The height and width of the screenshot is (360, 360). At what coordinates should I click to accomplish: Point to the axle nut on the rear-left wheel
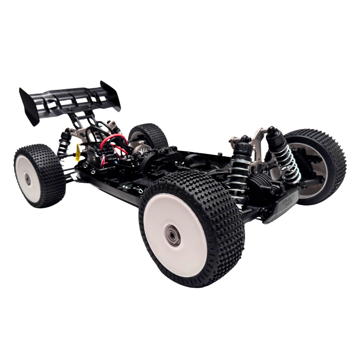(27, 179)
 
